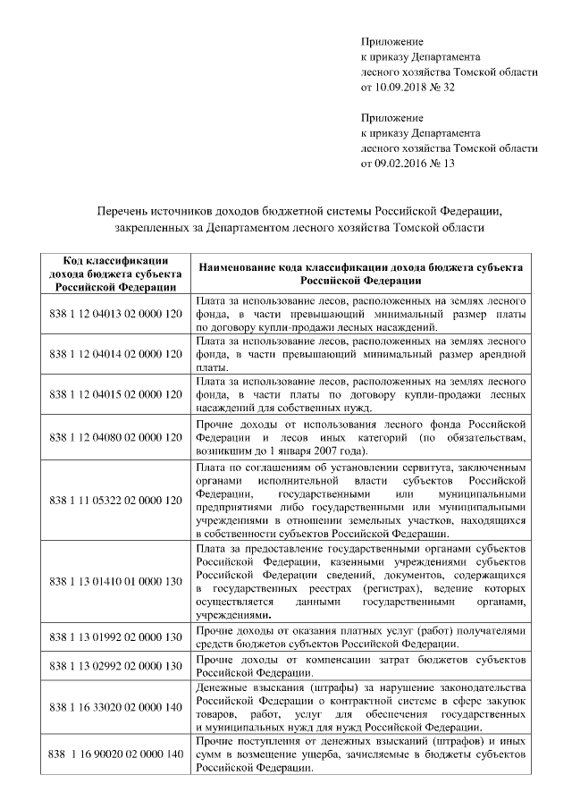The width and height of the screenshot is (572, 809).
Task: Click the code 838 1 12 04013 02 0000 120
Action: coord(115,316)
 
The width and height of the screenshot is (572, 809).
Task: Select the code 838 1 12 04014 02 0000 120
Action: coord(115,355)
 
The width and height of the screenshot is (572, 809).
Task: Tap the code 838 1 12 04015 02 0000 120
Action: coord(115,394)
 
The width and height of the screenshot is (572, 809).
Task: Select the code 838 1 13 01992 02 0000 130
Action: coord(115,637)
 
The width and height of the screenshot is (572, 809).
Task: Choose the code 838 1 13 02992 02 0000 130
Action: coord(115,667)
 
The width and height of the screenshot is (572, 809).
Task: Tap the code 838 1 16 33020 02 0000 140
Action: coord(115,707)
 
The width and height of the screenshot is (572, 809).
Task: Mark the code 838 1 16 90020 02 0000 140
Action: coord(115,755)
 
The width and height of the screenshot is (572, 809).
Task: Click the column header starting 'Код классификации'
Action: coord(115,274)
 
